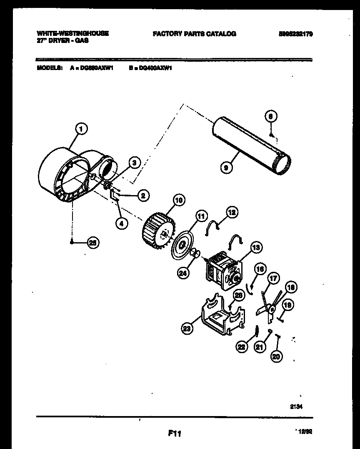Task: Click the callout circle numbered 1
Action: (82, 129)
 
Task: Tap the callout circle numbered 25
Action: (94, 243)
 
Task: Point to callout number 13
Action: (255, 248)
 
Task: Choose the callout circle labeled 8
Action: (270, 117)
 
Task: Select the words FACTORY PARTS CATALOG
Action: (194, 34)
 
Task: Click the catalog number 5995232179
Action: (295, 34)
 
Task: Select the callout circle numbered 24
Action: (182, 273)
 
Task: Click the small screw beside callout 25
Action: (73, 242)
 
